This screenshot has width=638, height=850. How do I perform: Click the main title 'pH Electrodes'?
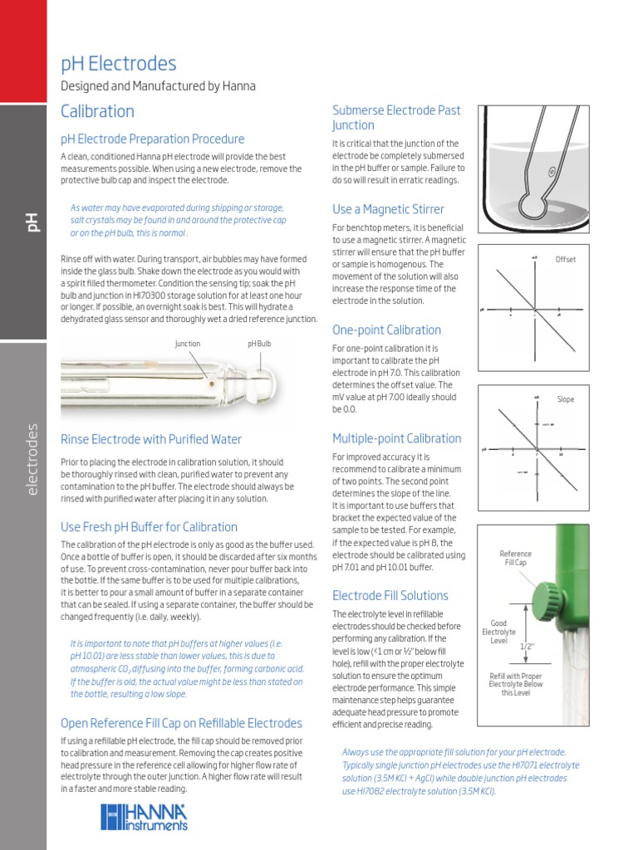[x=119, y=64]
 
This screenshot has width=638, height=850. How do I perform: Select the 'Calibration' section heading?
[x=97, y=111]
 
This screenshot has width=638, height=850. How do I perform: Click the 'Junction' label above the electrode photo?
[x=187, y=344]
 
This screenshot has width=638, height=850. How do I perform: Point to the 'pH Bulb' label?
[x=259, y=344]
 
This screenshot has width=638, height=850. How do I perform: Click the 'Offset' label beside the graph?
[x=566, y=260]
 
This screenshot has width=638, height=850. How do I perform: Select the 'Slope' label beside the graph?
[x=566, y=399]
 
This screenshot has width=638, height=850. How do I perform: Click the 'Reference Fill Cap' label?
[x=515, y=559]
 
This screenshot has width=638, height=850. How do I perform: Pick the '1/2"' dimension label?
[x=527, y=646]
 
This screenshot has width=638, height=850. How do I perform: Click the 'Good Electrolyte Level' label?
[x=499, y=632]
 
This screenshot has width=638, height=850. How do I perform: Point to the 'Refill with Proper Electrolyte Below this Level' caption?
[x=515, y=684]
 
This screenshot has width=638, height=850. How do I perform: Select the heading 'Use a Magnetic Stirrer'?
[x=388, y=209]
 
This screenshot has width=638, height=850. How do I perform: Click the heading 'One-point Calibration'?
[x=386, y=330]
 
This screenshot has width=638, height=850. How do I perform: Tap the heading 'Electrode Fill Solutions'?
[x=390, y=595]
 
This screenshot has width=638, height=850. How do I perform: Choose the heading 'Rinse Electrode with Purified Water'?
[x=151, y=439]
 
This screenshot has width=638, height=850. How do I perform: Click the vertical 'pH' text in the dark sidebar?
[x=32, y=222]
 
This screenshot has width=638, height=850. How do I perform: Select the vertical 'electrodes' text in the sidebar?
[x=32, y=460]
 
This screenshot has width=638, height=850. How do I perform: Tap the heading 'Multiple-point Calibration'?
[x=396, y=438]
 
